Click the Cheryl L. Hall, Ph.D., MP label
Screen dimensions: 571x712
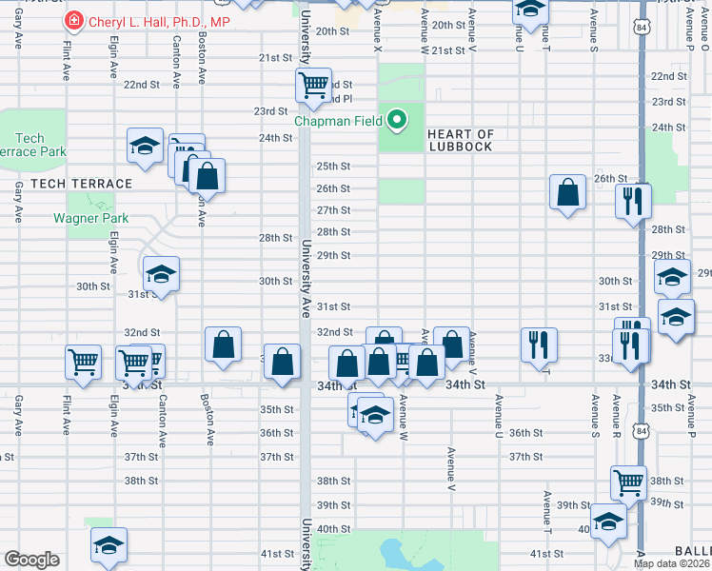pos(160,21)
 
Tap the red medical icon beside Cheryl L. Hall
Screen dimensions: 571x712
pos(73,21)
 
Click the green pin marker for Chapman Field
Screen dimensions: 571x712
pos(399,120)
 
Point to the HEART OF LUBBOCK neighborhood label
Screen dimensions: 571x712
pos(460,140)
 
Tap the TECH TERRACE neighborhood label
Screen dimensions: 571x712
pos(81,183)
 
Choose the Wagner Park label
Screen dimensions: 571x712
pos(90,218)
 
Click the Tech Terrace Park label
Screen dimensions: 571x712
pos(33,145)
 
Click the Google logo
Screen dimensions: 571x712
pos(32,559)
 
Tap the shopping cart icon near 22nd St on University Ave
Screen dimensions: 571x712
pos(313,87)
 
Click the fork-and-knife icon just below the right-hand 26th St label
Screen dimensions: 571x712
pos(633,201)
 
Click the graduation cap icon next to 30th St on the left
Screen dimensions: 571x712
pos(161,275)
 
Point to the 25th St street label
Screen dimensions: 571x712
pos(333,166)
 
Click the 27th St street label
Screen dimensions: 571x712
pos(333,210)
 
